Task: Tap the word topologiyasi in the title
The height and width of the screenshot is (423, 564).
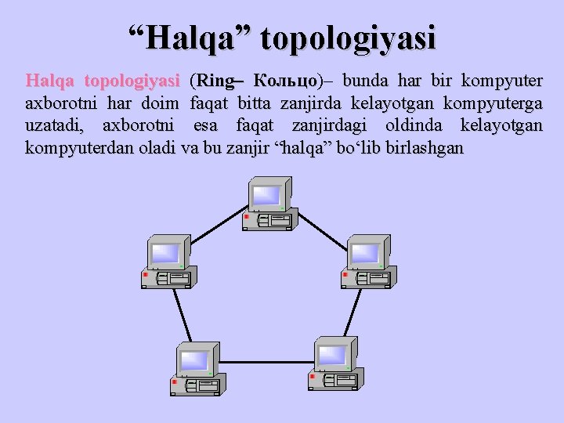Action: coord(348,38)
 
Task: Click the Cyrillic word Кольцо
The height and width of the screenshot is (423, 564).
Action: coord(285,81)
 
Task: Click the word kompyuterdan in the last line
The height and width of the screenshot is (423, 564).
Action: coord(76,147)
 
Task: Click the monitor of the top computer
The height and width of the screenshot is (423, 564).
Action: coord(266,195)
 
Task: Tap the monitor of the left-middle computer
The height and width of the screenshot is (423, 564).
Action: coord(167,252)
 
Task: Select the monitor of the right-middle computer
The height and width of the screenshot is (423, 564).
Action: coord(365,252)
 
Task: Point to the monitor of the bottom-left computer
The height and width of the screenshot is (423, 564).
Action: coord(195,360)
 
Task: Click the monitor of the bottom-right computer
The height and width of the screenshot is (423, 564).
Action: coord(332,355)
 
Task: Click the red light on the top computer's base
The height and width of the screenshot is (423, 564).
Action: coord(246,217)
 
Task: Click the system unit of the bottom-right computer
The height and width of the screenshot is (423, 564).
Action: coord(336,380)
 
